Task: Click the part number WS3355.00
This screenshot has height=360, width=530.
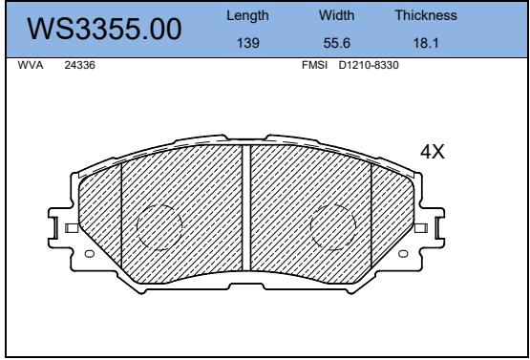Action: pyautogui.click(x=104, y=29)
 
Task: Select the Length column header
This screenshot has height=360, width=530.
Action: pyautogui.click(x=247, y=15)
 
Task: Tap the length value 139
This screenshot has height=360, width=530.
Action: pyautogui.click(x=247, y=43)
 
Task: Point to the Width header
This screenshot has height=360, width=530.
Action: pyautogui.click(x=337, y=15)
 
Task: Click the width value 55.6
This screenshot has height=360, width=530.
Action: pyautogui.click(x=337, y=43)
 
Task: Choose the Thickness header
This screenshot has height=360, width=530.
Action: pyautogui.click(x=426, y=15)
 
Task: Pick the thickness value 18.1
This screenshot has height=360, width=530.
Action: pyautogui.click(x=426, y=43)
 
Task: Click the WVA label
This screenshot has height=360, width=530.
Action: pyautogui.click(x=31, y=65)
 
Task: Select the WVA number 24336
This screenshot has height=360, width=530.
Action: pyautogui.click(x=80, y=65)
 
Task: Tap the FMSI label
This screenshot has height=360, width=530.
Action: pyautogui.click(x=314, y=65)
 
